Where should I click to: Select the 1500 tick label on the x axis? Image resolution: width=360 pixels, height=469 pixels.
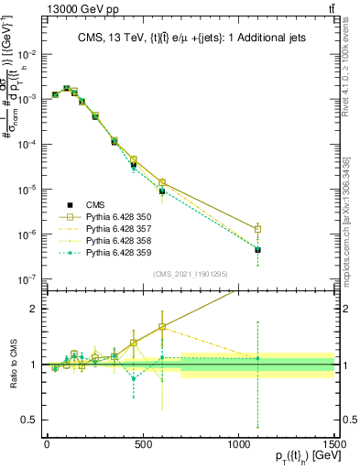coord(333,443)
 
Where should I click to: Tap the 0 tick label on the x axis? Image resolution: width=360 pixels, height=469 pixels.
coord(47,443)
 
